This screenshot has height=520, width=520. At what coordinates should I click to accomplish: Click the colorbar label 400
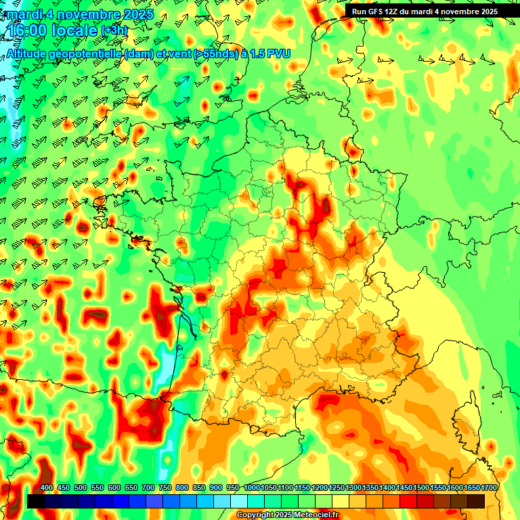click(x=47, y=488)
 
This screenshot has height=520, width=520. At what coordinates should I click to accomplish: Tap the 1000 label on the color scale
click(x=251, y=488)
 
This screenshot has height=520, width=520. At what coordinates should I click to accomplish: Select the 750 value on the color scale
click(x=165, y=488)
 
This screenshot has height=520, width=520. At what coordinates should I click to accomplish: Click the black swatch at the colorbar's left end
click(x=36, y=501)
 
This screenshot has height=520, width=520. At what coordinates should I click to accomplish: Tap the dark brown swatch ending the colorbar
click(x=476, y=501)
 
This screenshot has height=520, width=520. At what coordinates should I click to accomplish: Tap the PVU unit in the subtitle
click(x=279, y=54)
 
